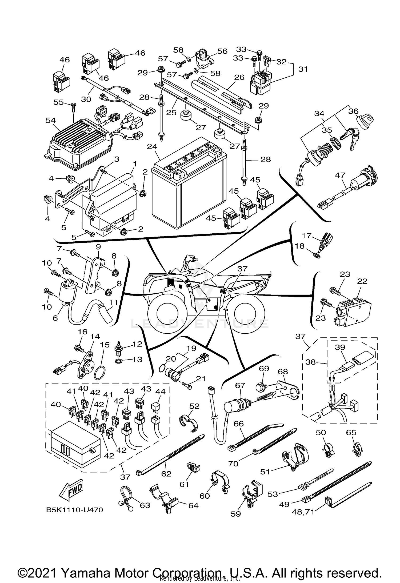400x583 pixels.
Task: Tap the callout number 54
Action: point(51,121)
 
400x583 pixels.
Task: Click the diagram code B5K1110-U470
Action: point(74,510)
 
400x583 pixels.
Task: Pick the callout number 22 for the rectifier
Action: point(363,281)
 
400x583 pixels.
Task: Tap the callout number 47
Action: point(340,175)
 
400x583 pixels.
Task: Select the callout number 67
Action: point(240,385)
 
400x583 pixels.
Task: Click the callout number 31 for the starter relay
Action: point(303,69)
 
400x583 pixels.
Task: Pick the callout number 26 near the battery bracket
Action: point(239,77)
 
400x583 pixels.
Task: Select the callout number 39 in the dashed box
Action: point(340,347)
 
